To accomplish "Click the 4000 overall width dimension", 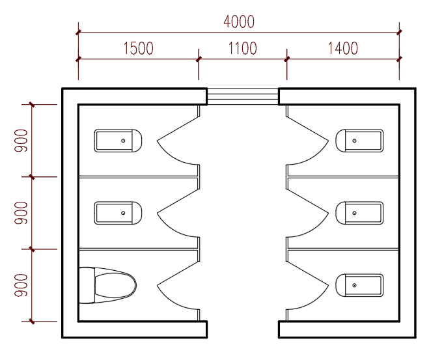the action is click(x=239, y=22).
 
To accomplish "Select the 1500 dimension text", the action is click(x=138, y=48).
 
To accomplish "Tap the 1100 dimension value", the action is click(x=242, y=48).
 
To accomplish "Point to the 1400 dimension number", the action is click(x=342, y=48).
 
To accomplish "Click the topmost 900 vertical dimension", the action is click(x=21, y=141).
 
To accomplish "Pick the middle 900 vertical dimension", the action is click(x=21, y=213).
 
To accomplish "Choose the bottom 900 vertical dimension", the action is click(x=21, y=286).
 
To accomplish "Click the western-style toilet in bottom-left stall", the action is click(x=107, y=285).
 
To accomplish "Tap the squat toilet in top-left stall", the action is click(x=118, y=141).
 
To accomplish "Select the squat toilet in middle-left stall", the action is click(x=118, y=213).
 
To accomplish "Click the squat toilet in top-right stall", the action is click(x=359, y=141).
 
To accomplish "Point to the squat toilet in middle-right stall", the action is click(x=359, y=213).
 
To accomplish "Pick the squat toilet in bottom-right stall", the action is click(x=359, y=286).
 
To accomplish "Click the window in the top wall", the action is click(x=243, y=96).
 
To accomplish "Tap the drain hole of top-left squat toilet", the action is click(x=123, y=141).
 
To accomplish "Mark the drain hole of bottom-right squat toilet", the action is click(x=354, y=286).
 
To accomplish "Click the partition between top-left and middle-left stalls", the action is click(x=138, y=177).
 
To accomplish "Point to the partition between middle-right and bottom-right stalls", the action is click(x=343, y=249).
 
